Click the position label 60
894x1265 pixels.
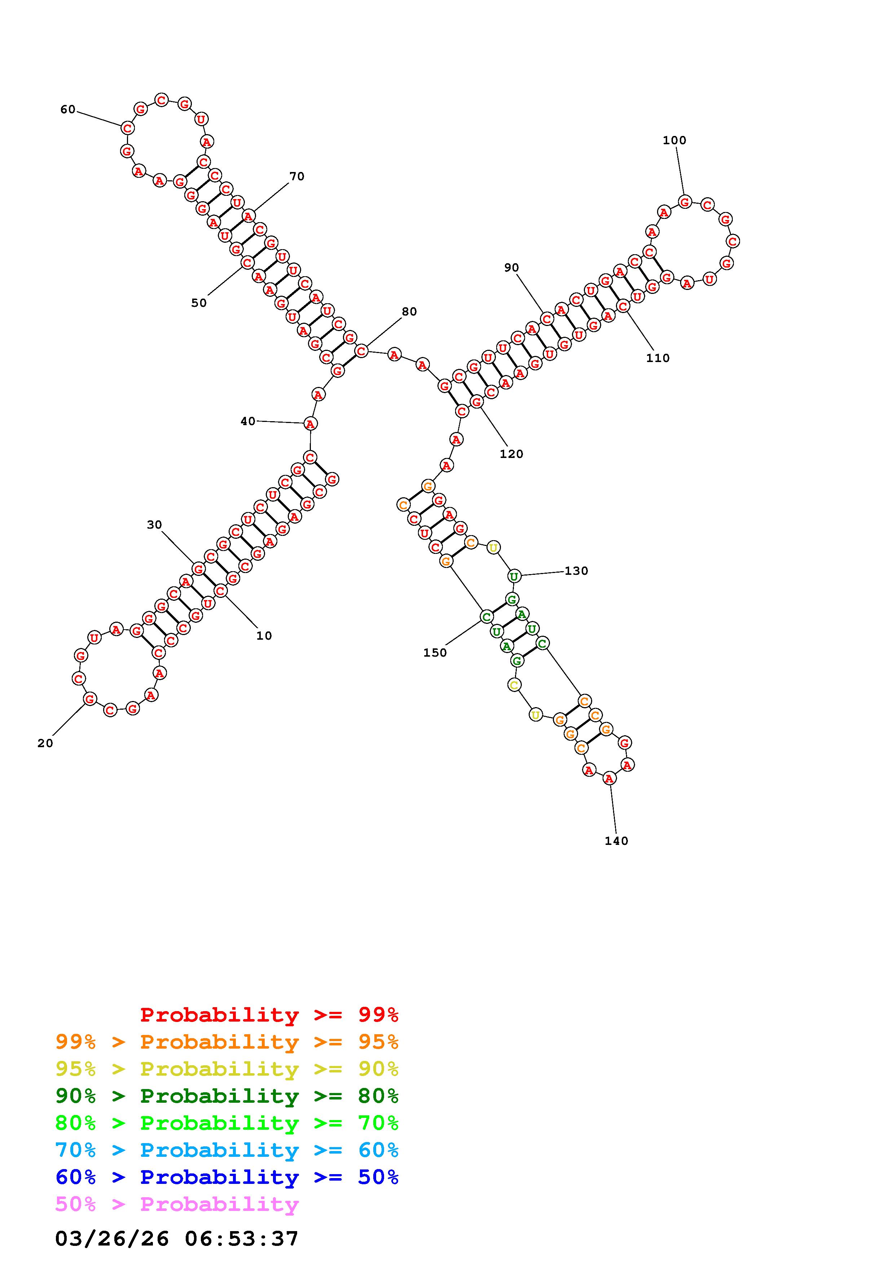(68, 110)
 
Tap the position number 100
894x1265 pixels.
(674, 141)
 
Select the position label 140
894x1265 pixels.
(616, 841)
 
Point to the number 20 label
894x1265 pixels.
(45, 743)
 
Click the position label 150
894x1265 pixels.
(435, 653)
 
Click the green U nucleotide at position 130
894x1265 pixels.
(514, 576)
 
